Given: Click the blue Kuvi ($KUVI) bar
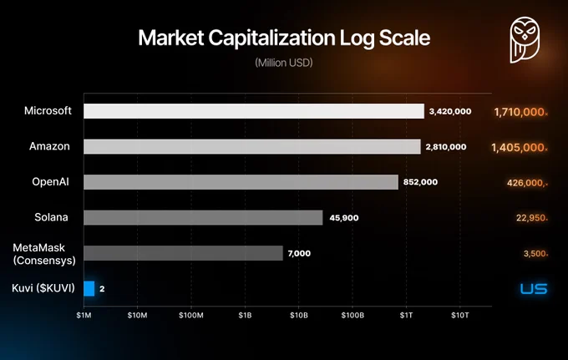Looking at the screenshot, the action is click(89, 289).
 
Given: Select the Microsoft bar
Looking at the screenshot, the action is click(254, 111).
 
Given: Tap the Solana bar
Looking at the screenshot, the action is click(203, 218).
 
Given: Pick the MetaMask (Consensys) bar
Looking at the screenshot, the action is click(183, 253).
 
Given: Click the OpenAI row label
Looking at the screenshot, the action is click(50, 181).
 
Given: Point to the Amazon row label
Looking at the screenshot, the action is click(49, 146).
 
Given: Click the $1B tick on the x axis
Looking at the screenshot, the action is click(245, 316).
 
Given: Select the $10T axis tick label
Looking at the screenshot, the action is click(460, 316).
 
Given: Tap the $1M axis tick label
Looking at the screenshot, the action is click(84, 316).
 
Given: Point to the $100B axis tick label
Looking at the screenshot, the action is click(352, 316).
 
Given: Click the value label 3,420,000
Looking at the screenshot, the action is click(450, 112).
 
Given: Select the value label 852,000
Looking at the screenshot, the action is click(420, 182).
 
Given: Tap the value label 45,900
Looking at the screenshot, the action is click(344, 218).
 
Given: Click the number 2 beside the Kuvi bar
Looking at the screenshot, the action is click(102, 289).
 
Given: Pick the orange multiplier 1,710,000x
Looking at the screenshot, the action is click(521, 112).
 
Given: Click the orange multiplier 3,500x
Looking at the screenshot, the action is click(535, 254).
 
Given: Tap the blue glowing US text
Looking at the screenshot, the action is click(534, 289).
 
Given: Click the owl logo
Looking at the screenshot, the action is click(525, 40).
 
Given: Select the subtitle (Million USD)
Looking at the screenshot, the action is click(284, 63).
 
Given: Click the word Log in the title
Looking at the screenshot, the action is click(357, 38).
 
